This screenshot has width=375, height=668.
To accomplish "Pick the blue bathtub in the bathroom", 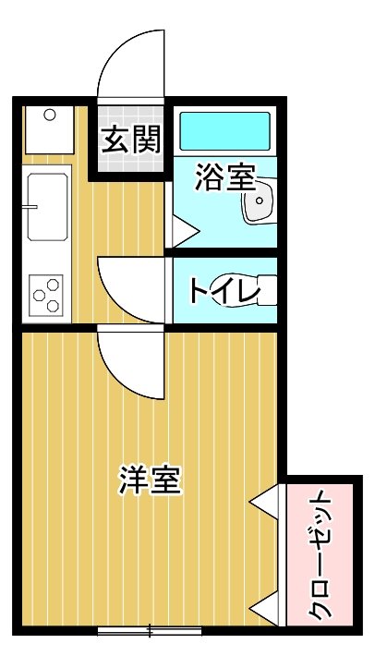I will (224, 131).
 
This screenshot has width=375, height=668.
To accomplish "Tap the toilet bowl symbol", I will (264, 289).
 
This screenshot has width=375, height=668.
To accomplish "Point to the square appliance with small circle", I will (48, 128).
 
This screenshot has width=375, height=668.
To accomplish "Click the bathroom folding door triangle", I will (182, 229).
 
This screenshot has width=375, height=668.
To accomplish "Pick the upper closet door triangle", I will (266, 501).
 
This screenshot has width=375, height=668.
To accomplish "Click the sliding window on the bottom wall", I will (150, 632).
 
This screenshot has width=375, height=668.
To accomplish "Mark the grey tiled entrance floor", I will (132, 162).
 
